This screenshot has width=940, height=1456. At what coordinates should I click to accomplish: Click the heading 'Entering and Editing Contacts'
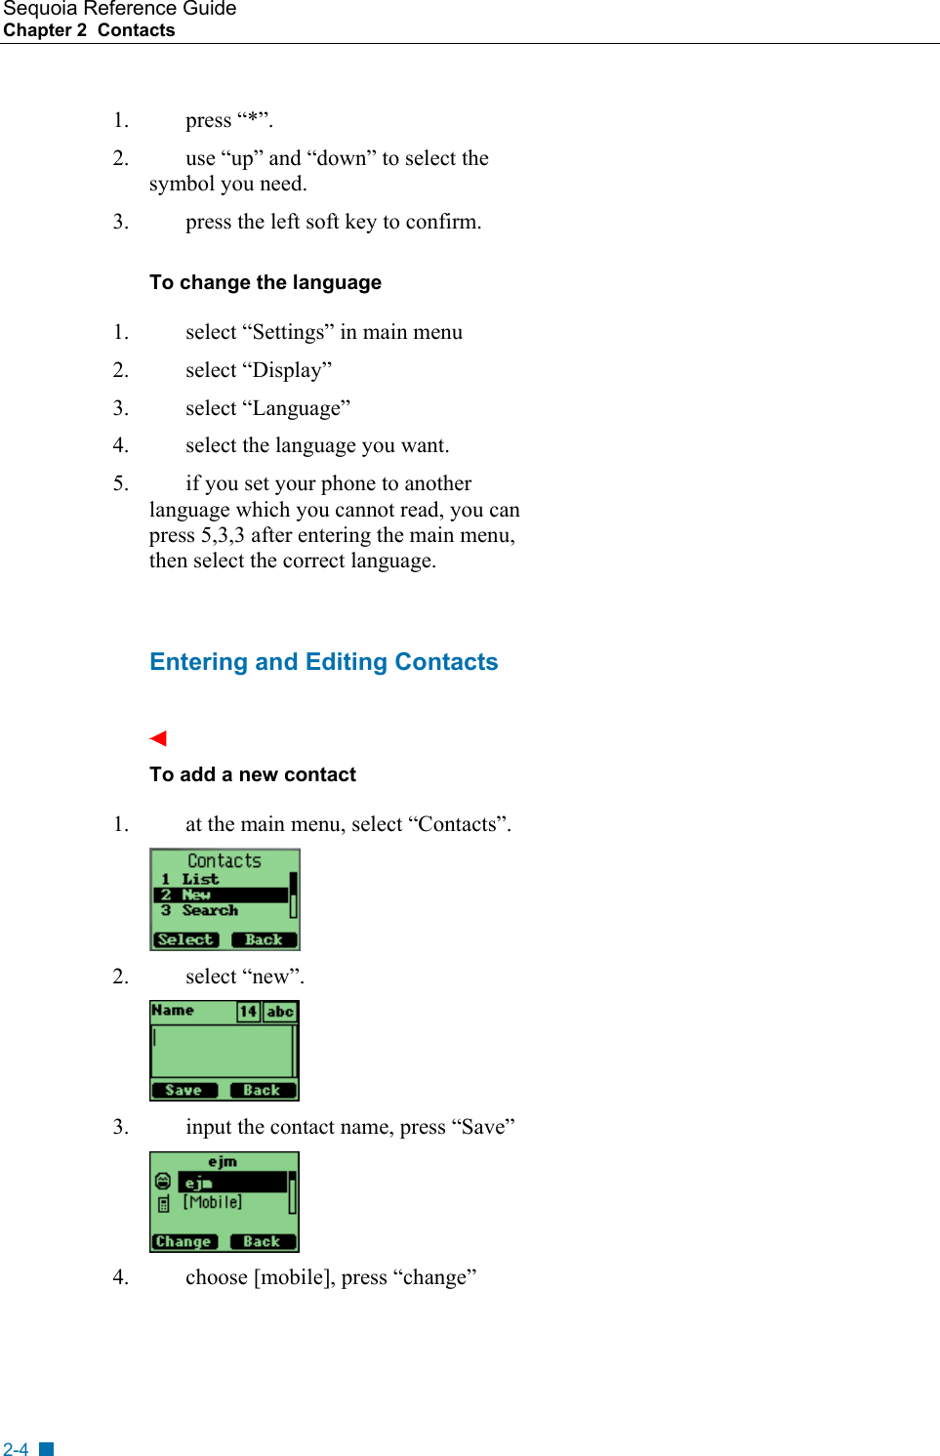click(x=323, y=662)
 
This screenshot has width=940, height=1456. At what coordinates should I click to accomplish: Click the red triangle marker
click(x=158, y=738)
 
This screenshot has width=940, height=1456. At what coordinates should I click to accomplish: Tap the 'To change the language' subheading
click(x=265, y=283)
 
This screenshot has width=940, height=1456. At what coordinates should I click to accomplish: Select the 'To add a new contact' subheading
click(x=252, y=774)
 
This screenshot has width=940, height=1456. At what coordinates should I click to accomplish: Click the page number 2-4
click(x=16, y=1449)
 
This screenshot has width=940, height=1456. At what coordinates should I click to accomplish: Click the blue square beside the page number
click(x=46, y=1449)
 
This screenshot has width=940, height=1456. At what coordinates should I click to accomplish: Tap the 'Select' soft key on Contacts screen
click(x=184, y=939)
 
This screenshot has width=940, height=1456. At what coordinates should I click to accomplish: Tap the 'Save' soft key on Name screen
click(x=184, y=1090)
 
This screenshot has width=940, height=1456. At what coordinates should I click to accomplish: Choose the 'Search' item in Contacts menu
click(x=209, y=910)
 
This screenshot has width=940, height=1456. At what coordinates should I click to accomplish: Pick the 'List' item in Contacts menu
click(x=199, y=879)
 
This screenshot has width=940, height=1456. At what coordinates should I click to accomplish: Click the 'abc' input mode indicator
click(x=280, y=1012)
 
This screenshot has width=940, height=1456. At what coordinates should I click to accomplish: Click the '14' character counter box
click(x=248, y=1012)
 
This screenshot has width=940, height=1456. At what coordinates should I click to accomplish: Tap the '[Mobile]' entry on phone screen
click(x=212, y=1202)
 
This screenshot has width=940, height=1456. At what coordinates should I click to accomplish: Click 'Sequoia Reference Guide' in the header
click(x=119, y=9)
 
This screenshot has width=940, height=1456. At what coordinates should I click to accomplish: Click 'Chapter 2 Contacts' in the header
click(x=89, y=30)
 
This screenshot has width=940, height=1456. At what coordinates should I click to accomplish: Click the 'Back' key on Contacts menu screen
click(x=264, y=939)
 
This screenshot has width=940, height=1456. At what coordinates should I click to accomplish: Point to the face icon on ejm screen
click(x=163, y=1182)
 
